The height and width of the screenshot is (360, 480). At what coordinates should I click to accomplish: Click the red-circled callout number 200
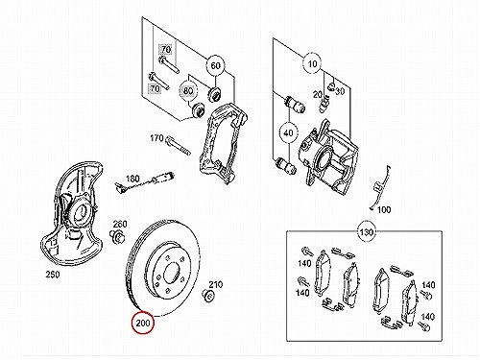[x=143, y=323]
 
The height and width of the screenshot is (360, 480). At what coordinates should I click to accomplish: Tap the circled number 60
[x=215, y=65]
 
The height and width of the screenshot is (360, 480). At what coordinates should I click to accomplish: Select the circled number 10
[x=312, y=63]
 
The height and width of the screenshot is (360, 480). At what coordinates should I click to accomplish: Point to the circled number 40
[x=288, y=132]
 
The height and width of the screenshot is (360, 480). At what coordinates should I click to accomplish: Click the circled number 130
[x=367, y=231]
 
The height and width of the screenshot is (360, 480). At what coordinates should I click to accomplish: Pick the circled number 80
[x=188, y=91]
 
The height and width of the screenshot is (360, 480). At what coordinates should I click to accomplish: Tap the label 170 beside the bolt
[x=156, y=138]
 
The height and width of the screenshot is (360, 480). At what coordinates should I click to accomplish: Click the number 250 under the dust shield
[x=53, y=275]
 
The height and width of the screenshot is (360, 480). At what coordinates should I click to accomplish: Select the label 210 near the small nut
[x=216, y=284]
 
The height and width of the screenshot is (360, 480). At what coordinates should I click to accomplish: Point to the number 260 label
[x=120, y=224]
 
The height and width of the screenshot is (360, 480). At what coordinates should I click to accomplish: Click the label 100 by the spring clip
[x=384, y=209]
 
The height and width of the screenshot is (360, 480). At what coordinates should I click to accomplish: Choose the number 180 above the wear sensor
[x=132, y=179]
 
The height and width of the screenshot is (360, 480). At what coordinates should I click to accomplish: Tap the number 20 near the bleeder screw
[x=318, y=94]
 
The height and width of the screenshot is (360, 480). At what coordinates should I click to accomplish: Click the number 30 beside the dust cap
[x=340, y=91]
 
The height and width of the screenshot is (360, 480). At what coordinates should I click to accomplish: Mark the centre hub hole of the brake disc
[x=171, y=274]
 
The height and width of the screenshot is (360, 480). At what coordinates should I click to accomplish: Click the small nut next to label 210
[x=208, y=296]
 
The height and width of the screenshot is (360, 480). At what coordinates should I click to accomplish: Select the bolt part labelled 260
[x=117, y=237]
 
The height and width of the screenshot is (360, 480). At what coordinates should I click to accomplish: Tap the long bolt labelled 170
[x=178, y=145]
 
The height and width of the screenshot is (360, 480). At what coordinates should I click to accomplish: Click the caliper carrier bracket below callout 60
[x=222, y=143]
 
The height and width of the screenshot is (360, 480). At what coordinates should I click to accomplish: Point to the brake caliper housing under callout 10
[x=327, y=156]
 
